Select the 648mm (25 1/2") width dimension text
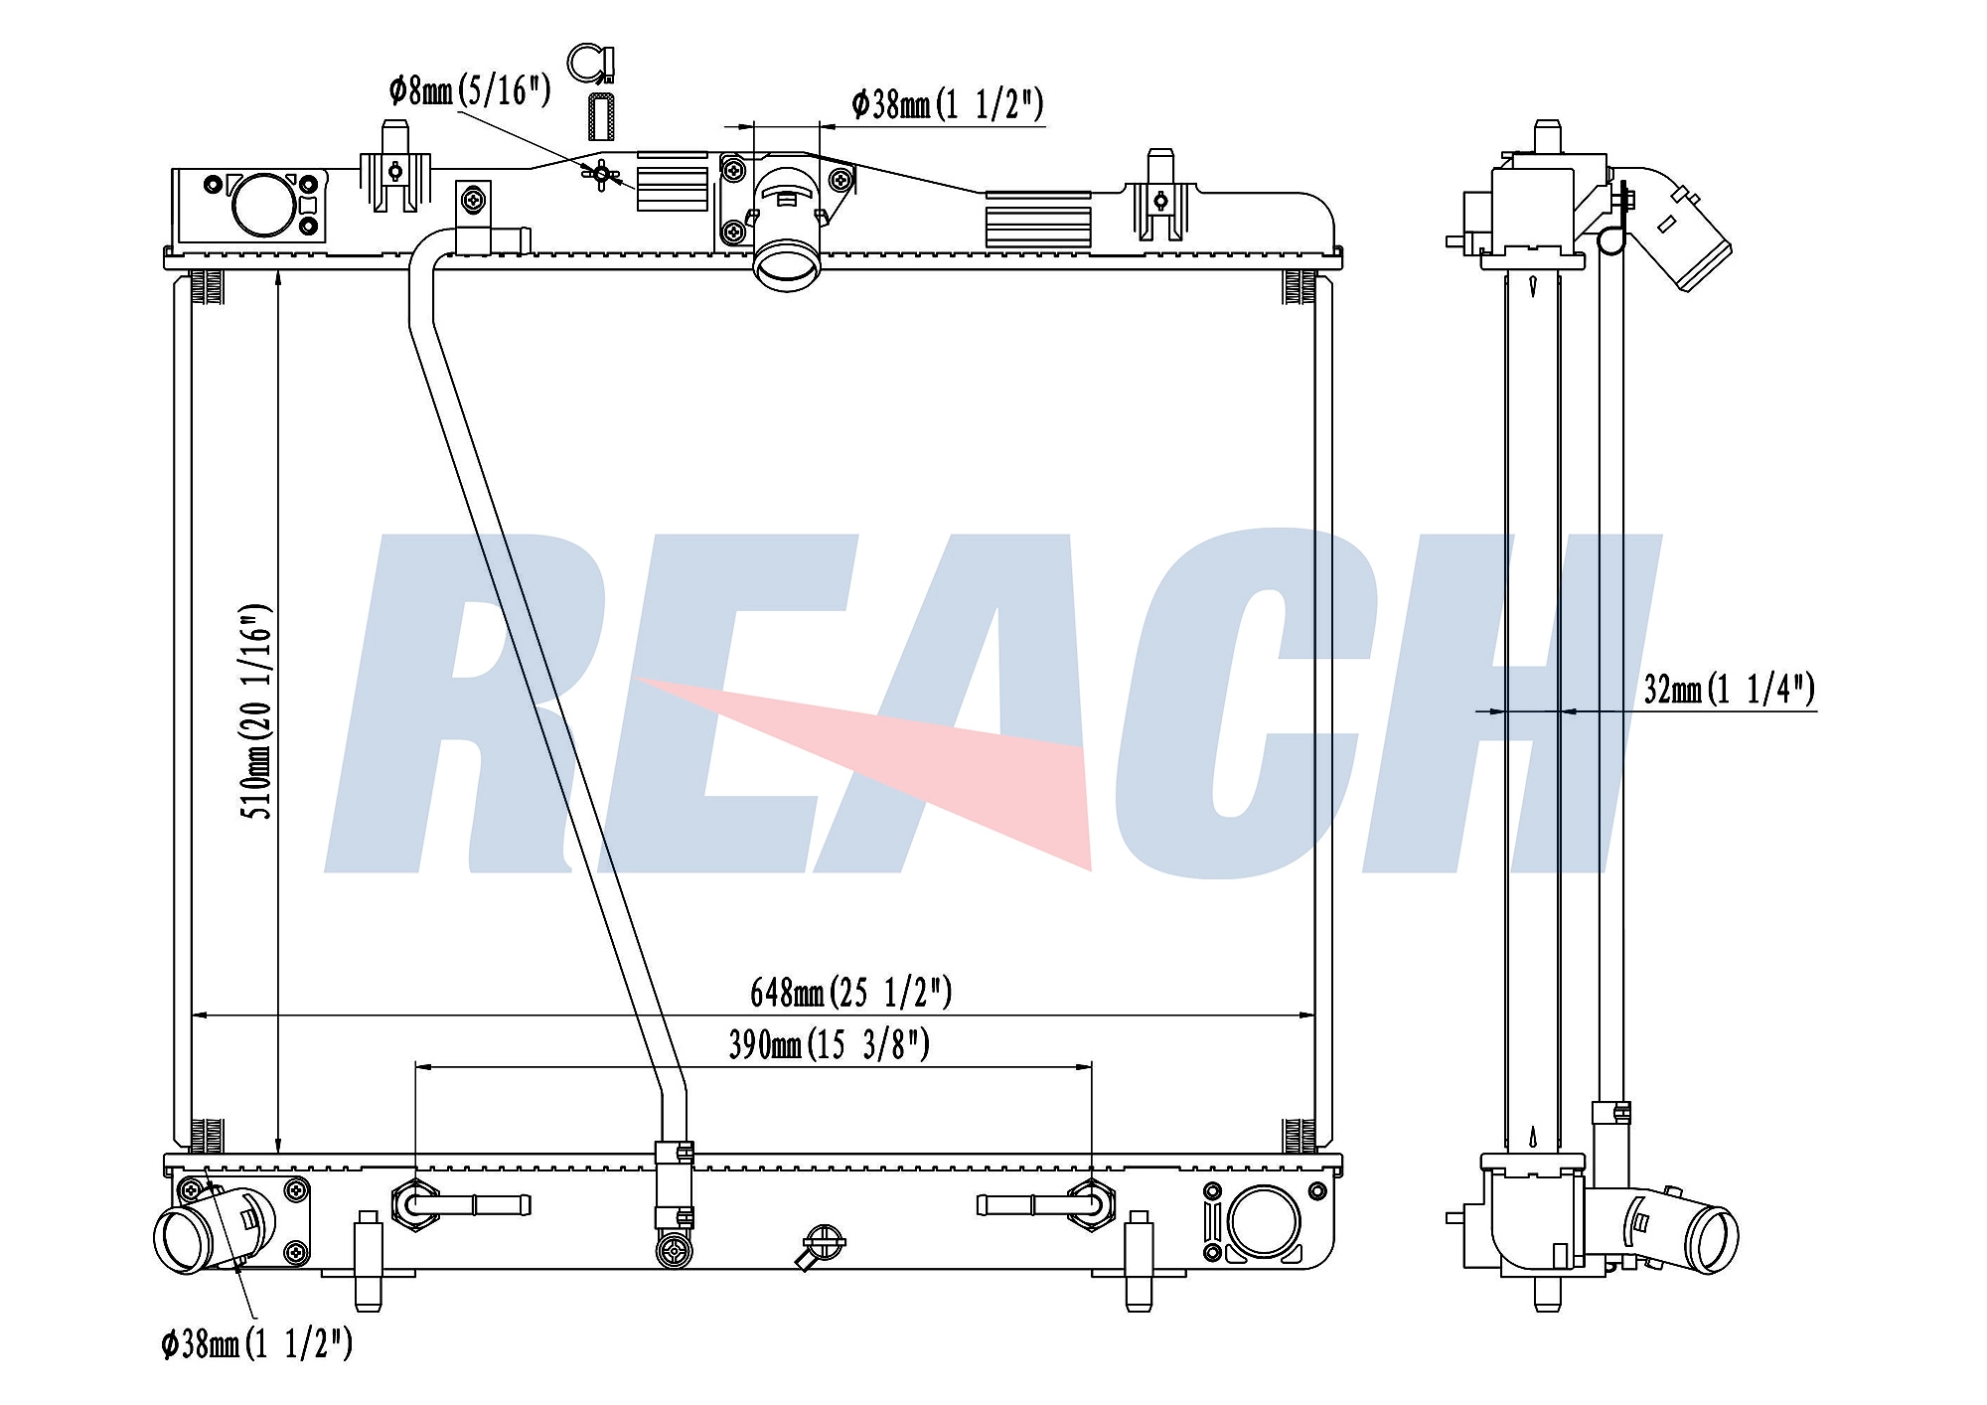click(x=851, y=992)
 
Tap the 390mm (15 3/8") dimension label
click(x=830, y=1044)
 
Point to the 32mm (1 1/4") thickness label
click(x=1730, y=689)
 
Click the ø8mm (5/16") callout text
click(x=470, y=90)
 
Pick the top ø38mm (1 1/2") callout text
click(x=948, y=103)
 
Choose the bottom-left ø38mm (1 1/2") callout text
click(x=257, y=1344)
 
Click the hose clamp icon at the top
click(x=593, y=63)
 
